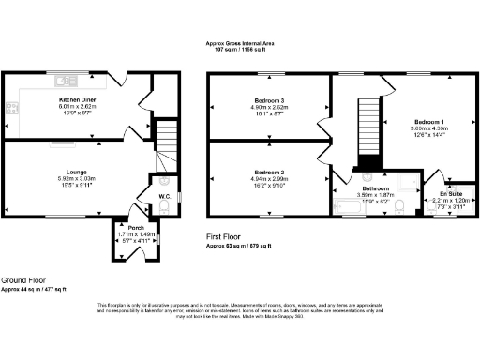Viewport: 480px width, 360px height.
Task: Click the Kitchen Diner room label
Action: point(74,98)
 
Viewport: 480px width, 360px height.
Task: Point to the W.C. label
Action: point(164,197)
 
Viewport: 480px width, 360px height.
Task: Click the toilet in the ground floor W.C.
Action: point(165,182)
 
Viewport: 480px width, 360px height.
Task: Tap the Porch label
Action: point(135,227)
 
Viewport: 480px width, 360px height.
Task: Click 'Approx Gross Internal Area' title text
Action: point(239,42)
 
